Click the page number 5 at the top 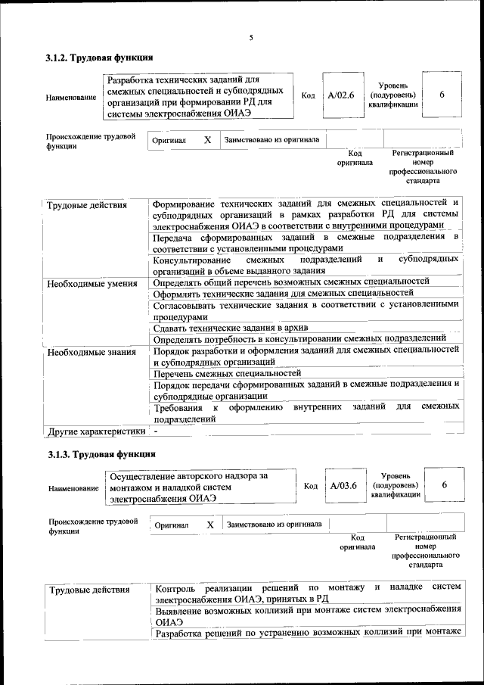pyautogui.click(x=251, y=38)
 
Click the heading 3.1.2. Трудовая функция pyautogui.click(x=99, y=58)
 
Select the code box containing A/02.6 pyautogui.click(x=340, y=96)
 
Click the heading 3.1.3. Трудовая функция pyautogui.click(x=101, y=454)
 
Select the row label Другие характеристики pyautogui.click(x=95, y=431)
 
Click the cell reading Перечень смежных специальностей pyautogui.click(x=227, y=373)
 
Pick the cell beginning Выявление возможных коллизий pyautogui.click(x=307, y=615)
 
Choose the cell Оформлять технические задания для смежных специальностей pyautogui.click(x=283, y=293)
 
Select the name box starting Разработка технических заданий pyautogui.click(x=198, y=96)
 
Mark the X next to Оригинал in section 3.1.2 pyautogui.click(x=207, y=140)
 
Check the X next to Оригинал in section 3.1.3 pyautogui.click(x=210, y=524)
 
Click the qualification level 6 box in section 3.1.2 pyautogui.click(x=441, y=95)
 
